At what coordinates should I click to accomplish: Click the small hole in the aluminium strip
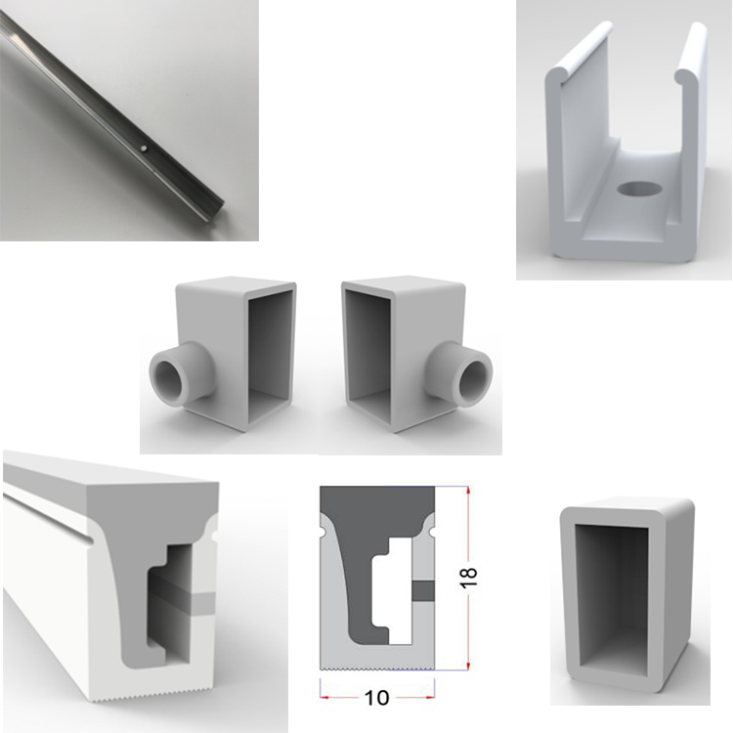click(x=145, y=150)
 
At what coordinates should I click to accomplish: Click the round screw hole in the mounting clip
click(x=639, y=189)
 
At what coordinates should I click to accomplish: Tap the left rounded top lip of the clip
click(x=579, y=52)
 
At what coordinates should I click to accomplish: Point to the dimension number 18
click(x=469, y=578)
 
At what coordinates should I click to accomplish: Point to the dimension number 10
click(x=376, y=698)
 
